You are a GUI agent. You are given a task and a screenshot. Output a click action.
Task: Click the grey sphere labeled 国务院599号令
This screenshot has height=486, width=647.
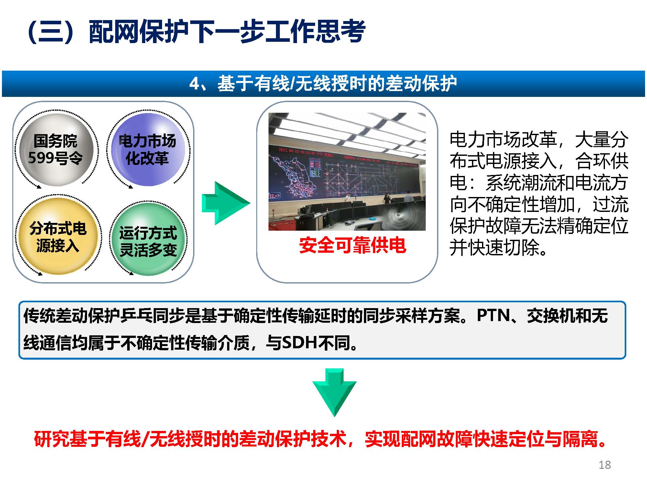(56, 149)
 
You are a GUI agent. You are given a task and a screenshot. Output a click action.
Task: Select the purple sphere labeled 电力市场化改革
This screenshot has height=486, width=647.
(148, 149)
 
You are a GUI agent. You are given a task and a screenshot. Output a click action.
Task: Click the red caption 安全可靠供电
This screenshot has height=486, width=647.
(352, 245)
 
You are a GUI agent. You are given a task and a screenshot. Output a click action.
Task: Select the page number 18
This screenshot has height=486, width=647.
(604, 465)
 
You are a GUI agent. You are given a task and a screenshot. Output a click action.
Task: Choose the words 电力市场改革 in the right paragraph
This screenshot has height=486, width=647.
(503, 140)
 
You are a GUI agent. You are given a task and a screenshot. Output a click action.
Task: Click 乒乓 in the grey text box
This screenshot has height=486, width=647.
(136, 316)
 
